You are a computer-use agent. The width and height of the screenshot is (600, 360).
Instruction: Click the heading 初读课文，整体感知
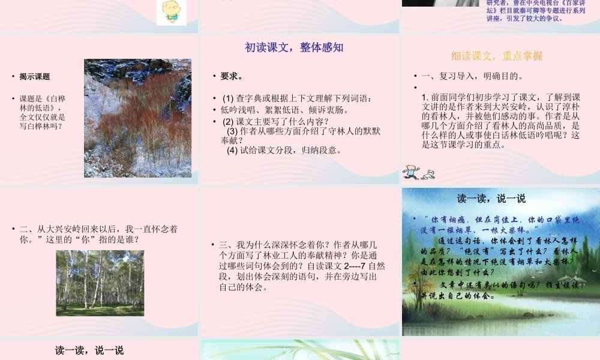pos(294,48)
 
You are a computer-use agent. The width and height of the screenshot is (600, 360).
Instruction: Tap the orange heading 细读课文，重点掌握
pos(497,56)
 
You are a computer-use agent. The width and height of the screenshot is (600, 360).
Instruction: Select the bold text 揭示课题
pos(35,77)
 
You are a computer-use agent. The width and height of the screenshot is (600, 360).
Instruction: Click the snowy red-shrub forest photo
pos(137,118)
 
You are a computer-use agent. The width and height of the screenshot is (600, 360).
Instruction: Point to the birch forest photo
pos(100,283)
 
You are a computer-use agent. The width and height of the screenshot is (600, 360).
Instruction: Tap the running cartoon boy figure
pos(411,172)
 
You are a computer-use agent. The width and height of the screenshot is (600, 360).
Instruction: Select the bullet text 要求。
pos(232,76)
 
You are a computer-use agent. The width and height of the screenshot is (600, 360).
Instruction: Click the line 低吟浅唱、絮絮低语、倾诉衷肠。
pos(285,110)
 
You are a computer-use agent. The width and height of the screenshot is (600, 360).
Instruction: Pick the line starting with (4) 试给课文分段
pos(284,150)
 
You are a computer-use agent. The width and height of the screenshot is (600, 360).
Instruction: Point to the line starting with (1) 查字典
pos(297,98)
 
